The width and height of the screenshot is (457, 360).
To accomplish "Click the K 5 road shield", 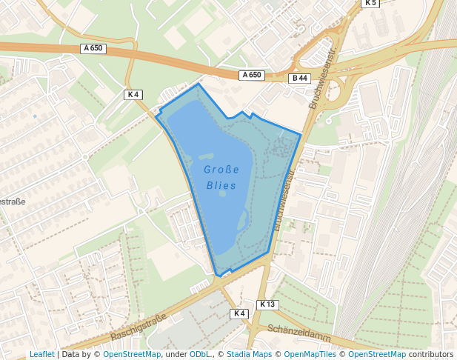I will coord(370,3).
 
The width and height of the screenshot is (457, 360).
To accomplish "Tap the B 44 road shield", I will coord(299,79).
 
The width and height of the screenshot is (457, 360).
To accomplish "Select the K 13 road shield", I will coord(267,304).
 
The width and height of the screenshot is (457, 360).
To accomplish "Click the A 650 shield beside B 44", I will coord(252,75).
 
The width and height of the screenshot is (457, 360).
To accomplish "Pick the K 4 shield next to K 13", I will coord(238,313).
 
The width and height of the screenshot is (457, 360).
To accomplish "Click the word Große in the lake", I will coord(221,170).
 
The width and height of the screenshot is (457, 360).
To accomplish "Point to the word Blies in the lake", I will coord(221,185).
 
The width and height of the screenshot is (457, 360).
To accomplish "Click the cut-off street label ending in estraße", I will coord(12,201).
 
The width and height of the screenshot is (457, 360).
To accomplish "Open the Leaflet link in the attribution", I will coord(41,354).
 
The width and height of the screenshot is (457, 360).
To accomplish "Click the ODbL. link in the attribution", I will coord(200,354).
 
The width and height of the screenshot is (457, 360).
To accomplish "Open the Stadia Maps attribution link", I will coord(249,354).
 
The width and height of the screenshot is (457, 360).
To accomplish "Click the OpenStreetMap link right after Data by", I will coord(132,354).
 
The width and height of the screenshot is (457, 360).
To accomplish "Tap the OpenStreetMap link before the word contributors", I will coord(377,354).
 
